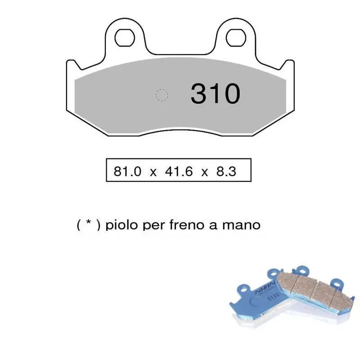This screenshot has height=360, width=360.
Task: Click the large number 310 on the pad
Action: tap(215, 94)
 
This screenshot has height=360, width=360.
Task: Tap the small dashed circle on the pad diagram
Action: tap(162, 95)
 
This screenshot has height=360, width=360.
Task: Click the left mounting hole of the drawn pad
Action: tap(123, 38)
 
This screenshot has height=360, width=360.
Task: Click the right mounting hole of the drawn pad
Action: tap(235, 38)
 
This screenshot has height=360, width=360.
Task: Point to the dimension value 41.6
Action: tap(178, 171)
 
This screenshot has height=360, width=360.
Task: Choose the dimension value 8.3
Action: tap(226, 171)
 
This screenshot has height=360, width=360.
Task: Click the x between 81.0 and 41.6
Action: tap(153, 172)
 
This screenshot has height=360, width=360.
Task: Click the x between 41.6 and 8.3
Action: tap(205, 172)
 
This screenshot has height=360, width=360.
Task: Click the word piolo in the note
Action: tap(123, 225)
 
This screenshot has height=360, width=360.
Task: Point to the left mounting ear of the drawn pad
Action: tap(124, 43)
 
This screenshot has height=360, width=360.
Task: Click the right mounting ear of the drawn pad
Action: tap(235, 43)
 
